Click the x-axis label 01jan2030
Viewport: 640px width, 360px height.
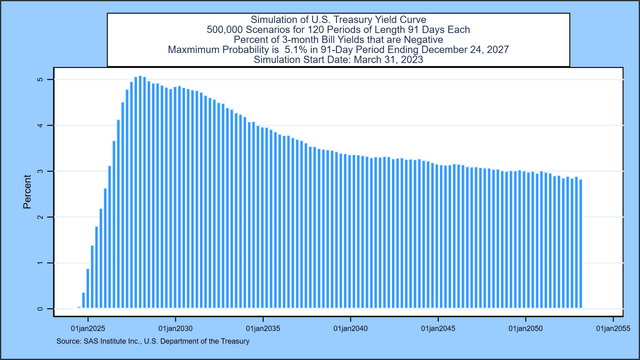click(x=175, y=327)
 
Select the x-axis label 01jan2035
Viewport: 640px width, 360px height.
click(x=263, y=327)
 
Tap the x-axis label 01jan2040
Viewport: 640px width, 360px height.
click(x=351, y=327)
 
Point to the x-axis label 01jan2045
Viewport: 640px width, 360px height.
click(x=439, y=327)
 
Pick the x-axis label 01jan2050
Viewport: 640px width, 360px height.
click(x=527, y=327)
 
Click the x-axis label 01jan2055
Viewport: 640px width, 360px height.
click(x=614, y=327)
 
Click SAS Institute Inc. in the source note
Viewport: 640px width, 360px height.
click(x=114, y=342)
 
